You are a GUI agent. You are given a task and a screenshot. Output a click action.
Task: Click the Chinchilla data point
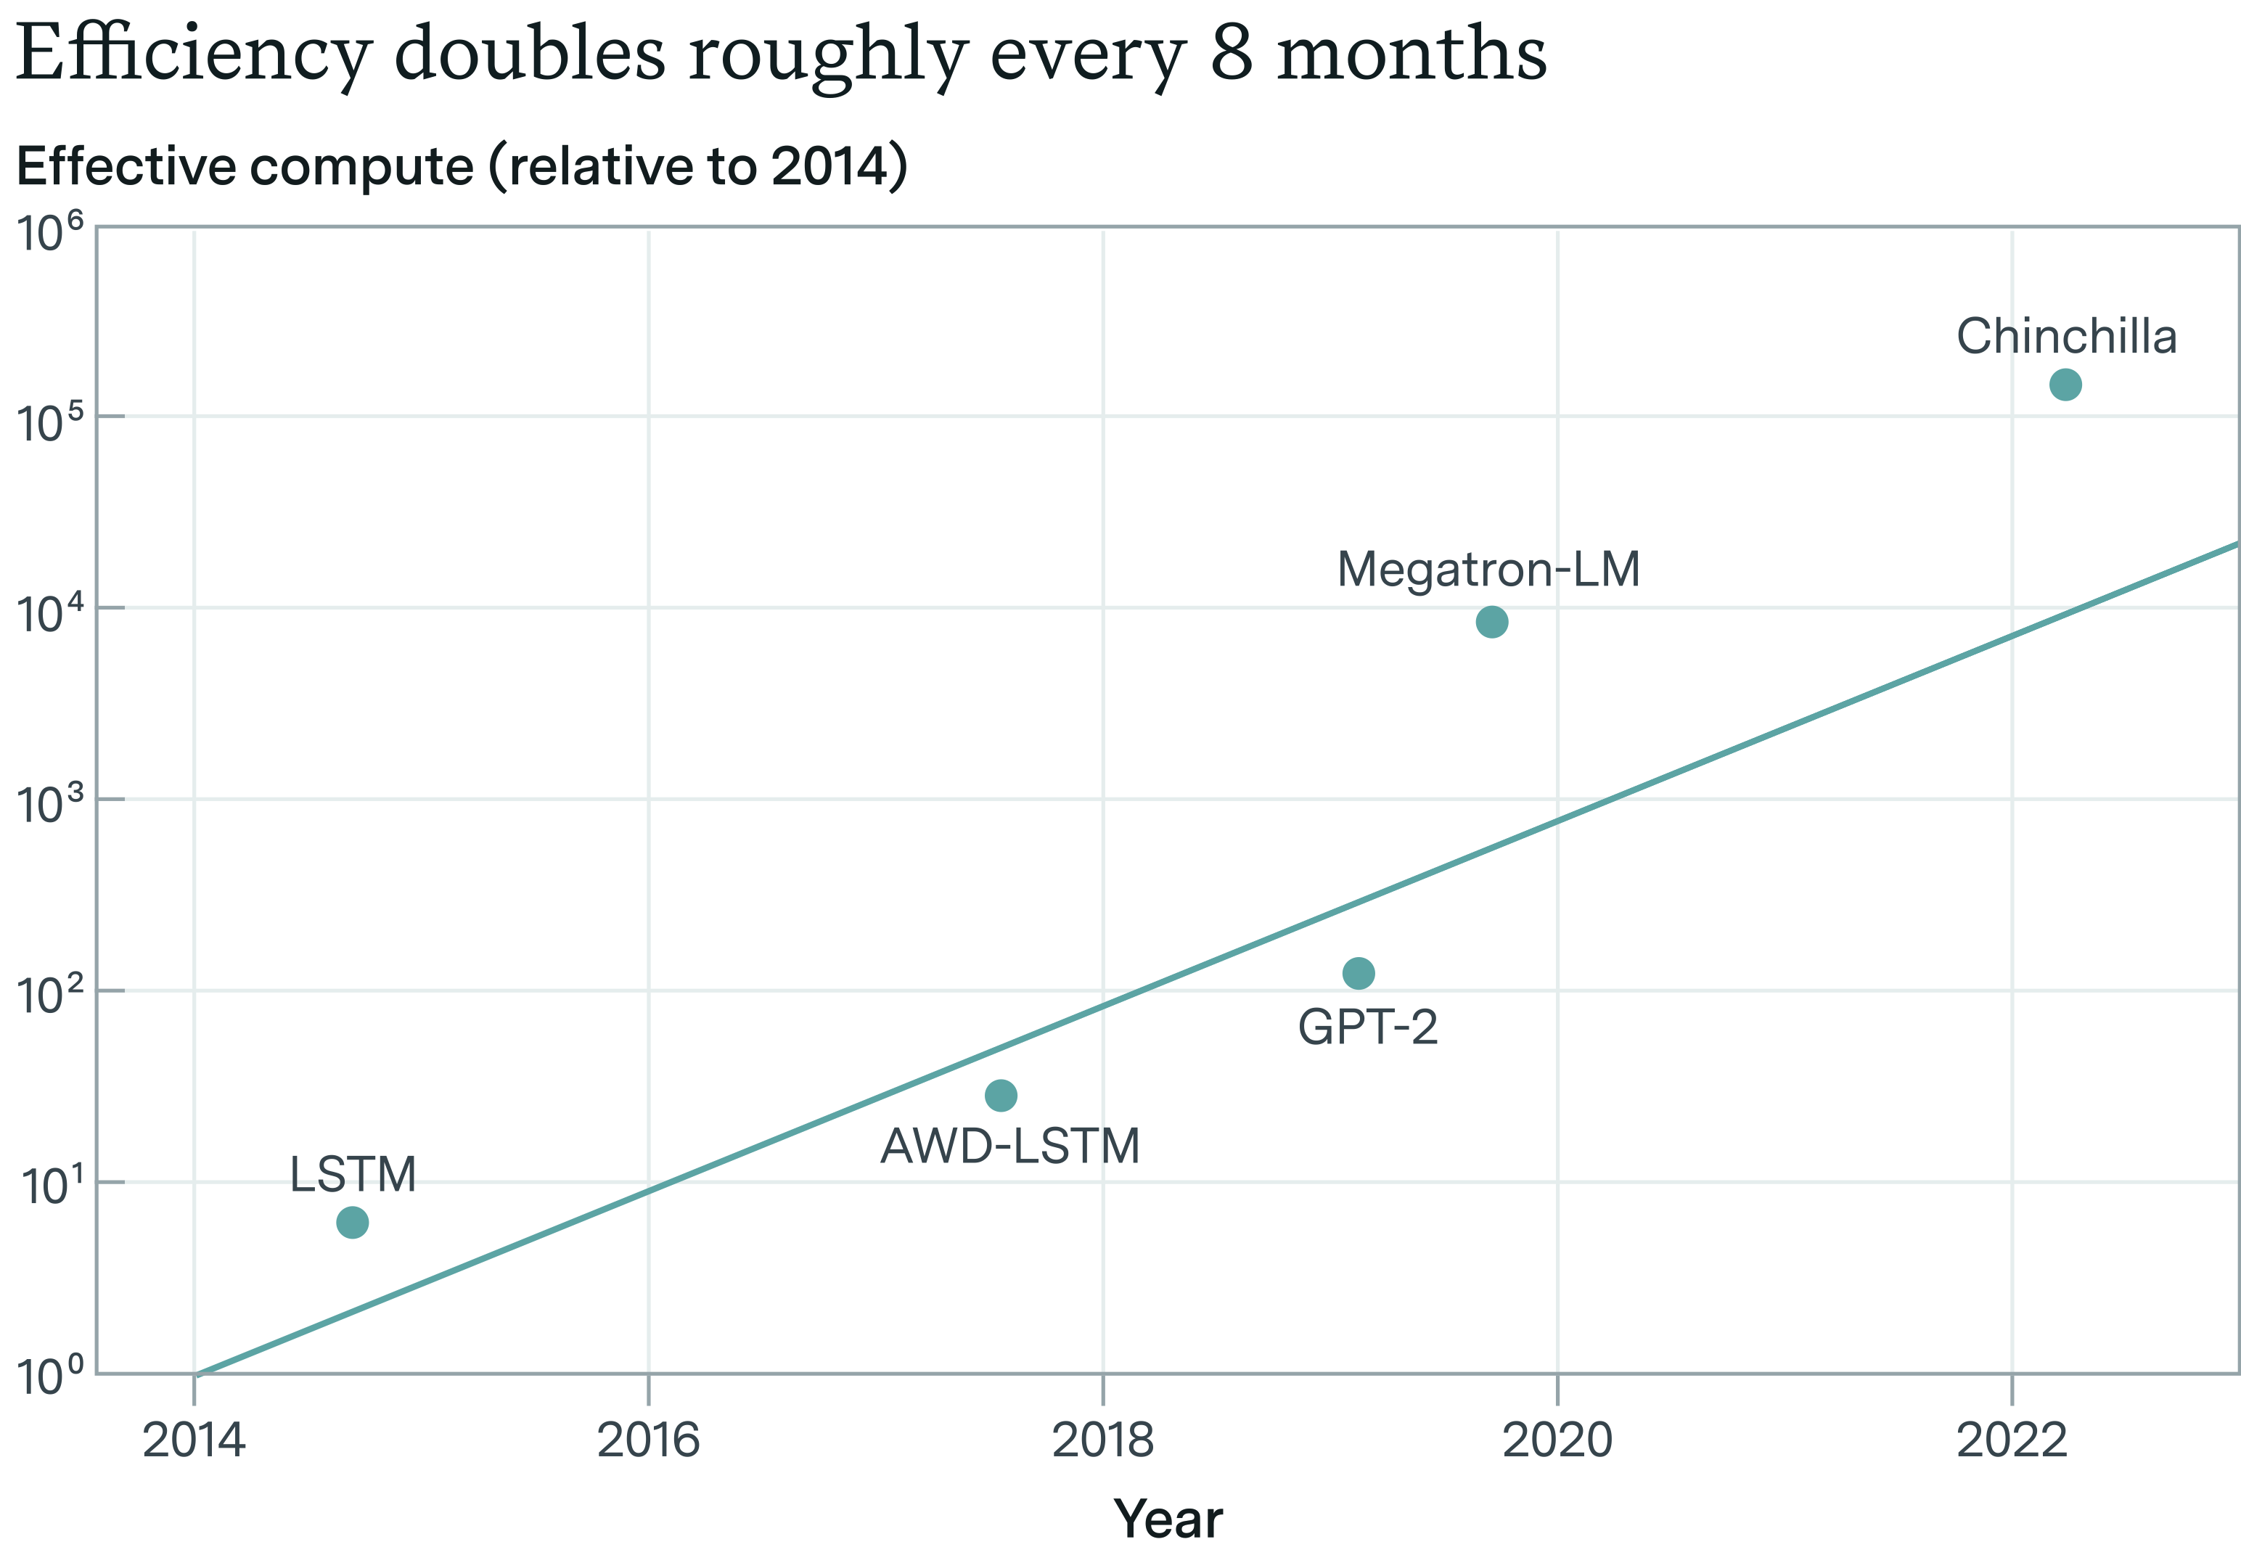pyautogui.click(x=2065, y=385)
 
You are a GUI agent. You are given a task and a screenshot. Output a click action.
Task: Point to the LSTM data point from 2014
pyautogui.click(x=352, y=1222)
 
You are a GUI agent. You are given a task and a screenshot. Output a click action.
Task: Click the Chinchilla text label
pyautogui.click(x=2065, y=337)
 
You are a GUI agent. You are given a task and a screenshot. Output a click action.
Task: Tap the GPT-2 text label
pyautogui.click(x=1367, y=1027)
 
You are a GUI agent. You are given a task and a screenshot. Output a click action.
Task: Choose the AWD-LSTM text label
pyautogui.click(x=1009, y=1146)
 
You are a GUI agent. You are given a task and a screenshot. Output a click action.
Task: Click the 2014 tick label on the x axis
pyautogui.click(x=194, y=1441)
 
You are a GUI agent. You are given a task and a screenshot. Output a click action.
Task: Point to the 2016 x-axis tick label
pyautogui.click(x=648, y=1441)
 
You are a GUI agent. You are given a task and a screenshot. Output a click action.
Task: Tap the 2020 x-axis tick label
pyautogui.click(x=1557, y=1441)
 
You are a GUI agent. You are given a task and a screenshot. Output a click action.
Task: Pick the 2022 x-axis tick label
pyautogui.click(x=2011, y=1441)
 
